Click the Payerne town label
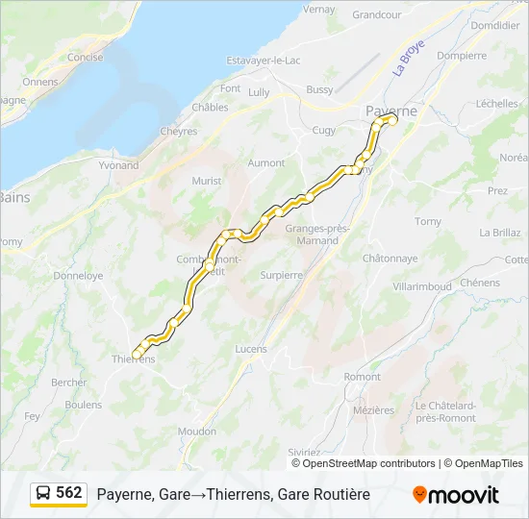click(391, 111)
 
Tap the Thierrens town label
click(134, 359)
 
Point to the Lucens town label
click(251, 349)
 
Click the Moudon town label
click(197, 432)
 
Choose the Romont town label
click(363, 377)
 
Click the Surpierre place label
click(281, 274)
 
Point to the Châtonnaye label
click(390, 258)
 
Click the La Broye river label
click(408, 62)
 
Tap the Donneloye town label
click(78, 275)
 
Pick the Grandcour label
click(376, 14)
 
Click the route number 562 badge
click(69, 493)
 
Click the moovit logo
click(456, 494)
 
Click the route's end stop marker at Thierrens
click(138, 355)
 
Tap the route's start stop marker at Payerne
click(391, 119)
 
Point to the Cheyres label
click(178, 132)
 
